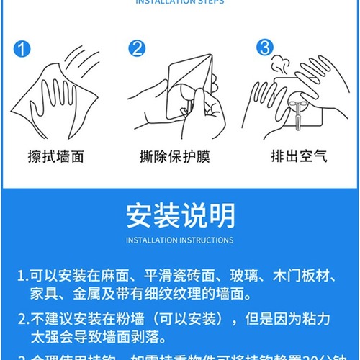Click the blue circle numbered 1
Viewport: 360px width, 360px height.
pos(22,49)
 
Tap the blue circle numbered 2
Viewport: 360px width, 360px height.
pos(137,49)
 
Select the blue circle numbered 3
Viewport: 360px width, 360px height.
pos(264,48)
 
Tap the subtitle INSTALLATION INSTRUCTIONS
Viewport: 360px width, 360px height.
pos(179,240)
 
